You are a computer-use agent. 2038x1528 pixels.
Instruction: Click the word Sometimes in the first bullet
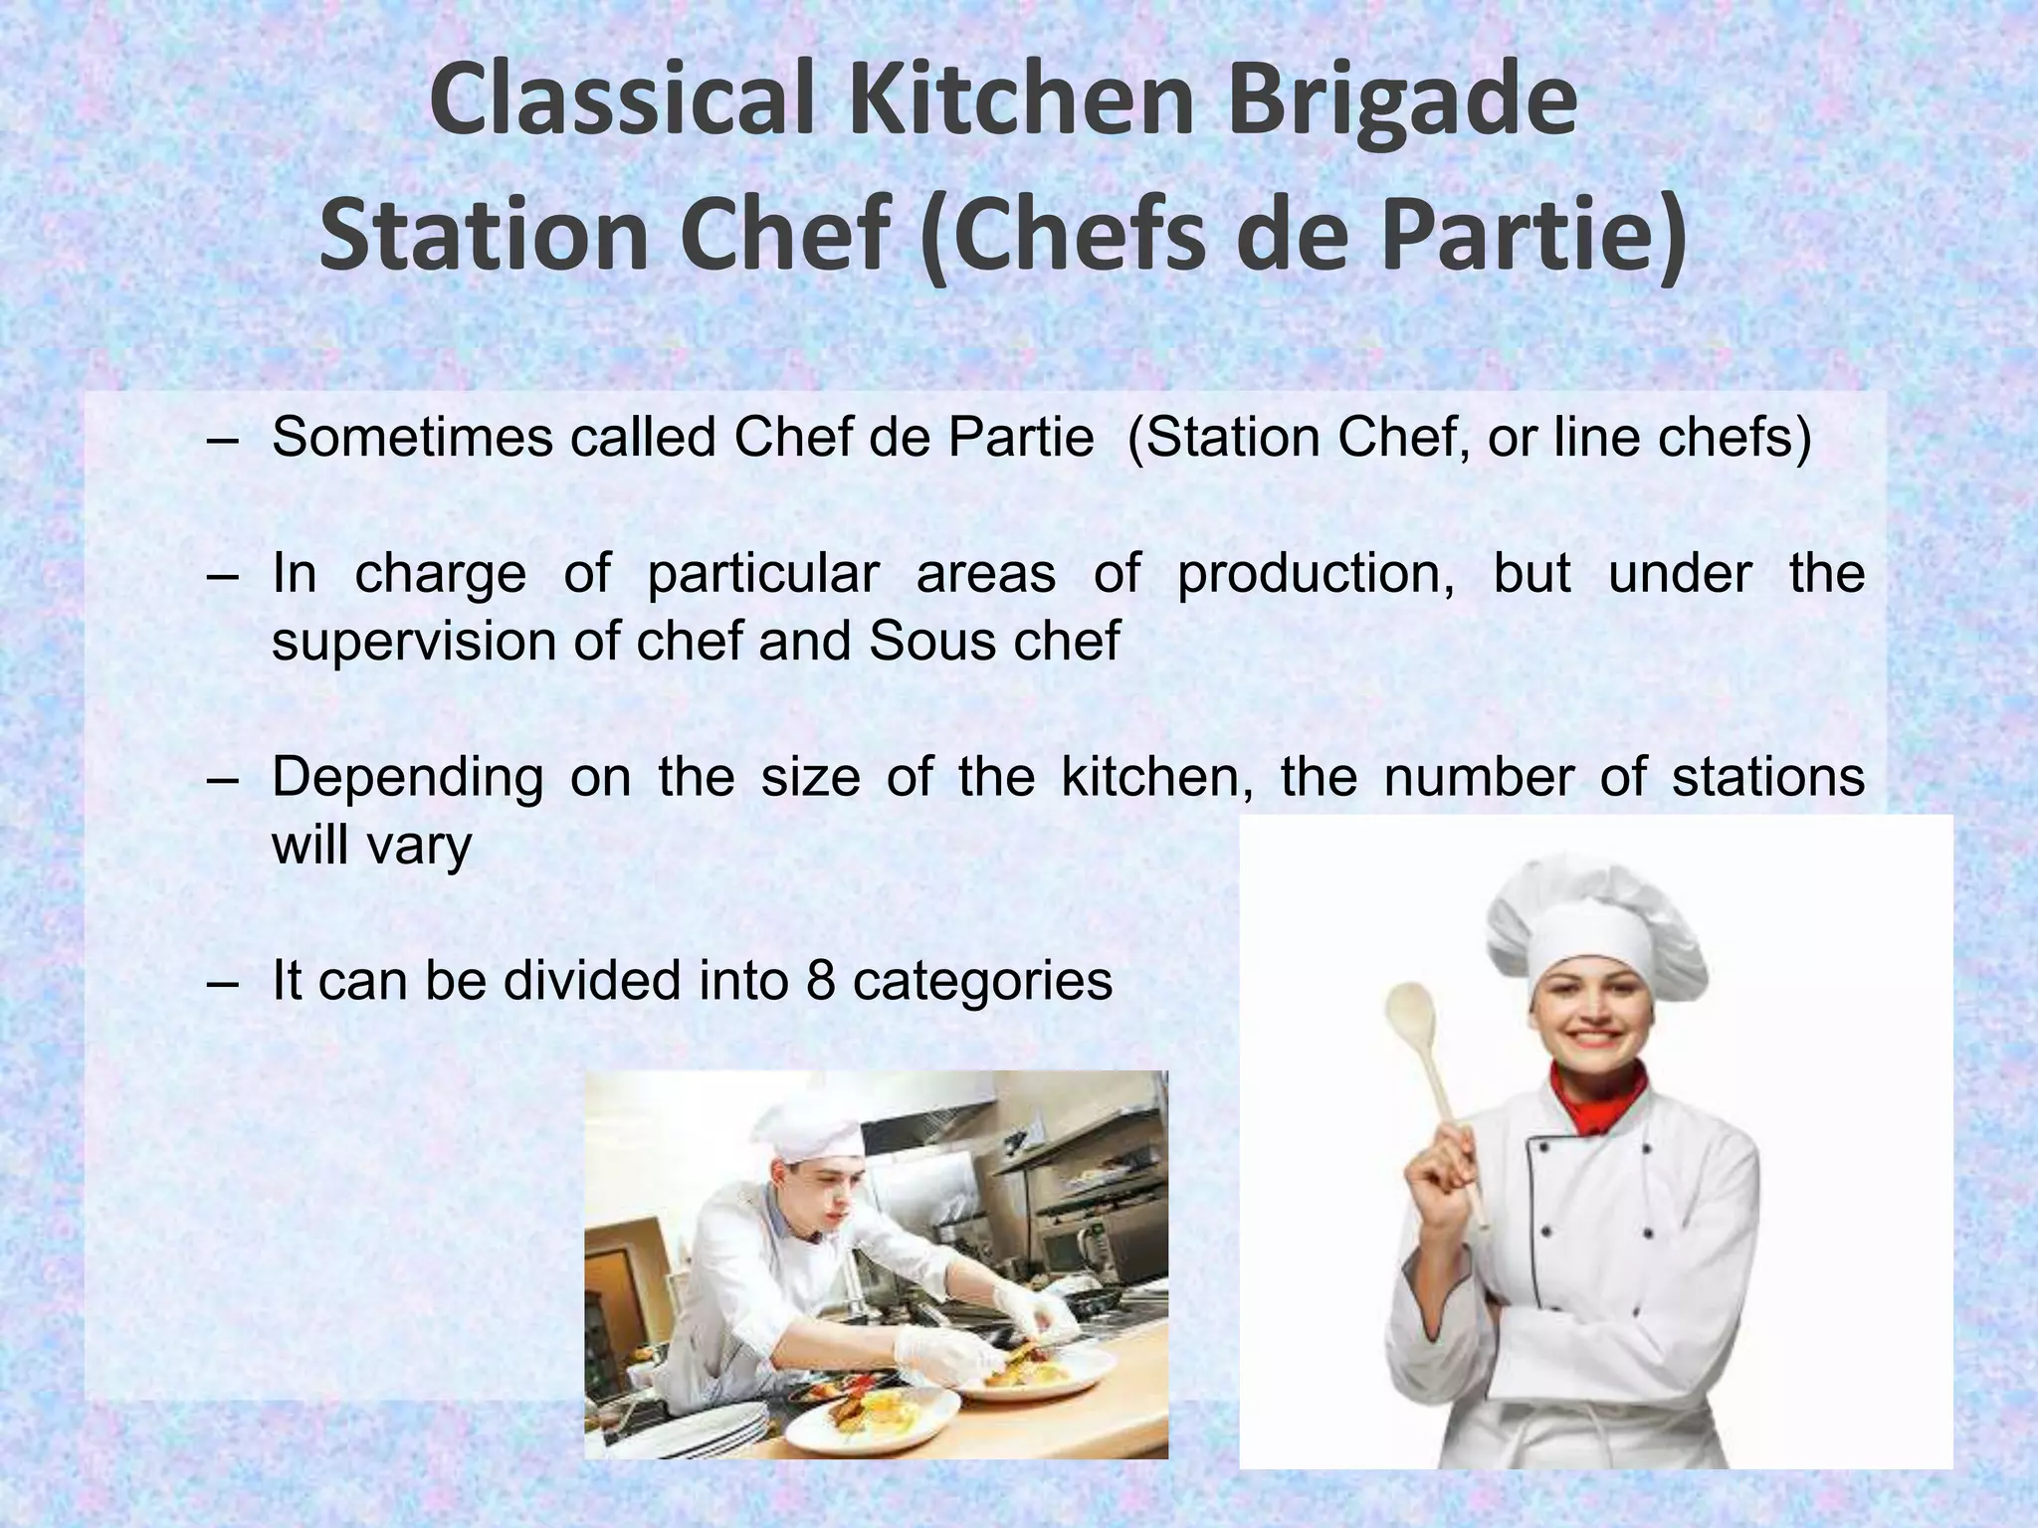pos(412,437)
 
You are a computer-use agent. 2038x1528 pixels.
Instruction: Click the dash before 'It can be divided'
pos(225,982)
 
